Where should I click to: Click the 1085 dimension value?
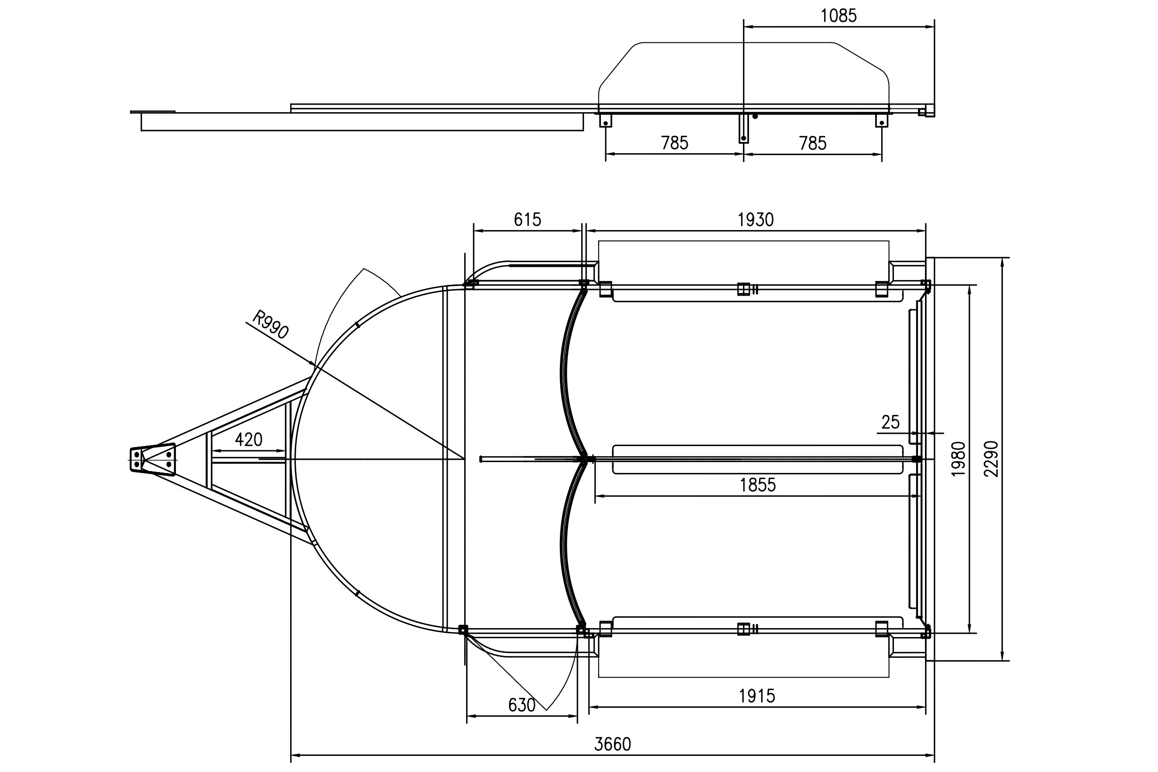tap(839, 16)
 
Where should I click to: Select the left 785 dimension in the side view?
tap(675, 143)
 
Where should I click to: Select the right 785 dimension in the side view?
tap(813, 144)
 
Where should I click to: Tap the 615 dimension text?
tap(527, 220)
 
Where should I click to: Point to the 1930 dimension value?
tap(756, 220)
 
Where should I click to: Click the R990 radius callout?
tap(270, 324)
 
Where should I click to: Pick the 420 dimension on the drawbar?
tap(249, 440)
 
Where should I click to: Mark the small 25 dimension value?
tap(890, 423)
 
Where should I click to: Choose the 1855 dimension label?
tap(758, 485)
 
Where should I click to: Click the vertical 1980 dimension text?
tap(958, 459)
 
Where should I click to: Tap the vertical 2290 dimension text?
tap(991, 459)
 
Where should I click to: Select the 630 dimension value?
tap(522, 706)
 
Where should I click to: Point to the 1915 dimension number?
tap(757, 696)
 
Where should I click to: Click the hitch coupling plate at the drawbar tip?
tap(153, 459)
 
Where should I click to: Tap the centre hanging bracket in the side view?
tap(743, 128)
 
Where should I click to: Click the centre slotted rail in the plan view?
tap(758, 459)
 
